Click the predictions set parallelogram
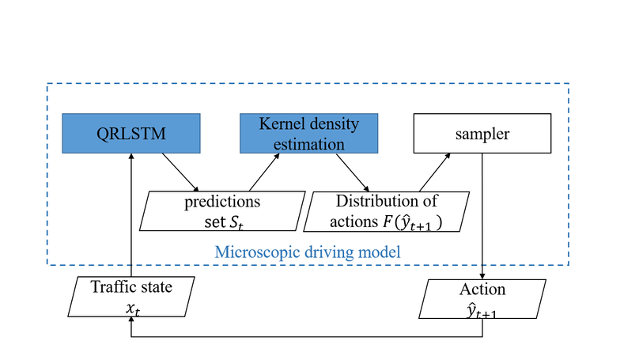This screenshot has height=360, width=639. (222, 210)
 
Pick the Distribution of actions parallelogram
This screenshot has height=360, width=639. (386, 210)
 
